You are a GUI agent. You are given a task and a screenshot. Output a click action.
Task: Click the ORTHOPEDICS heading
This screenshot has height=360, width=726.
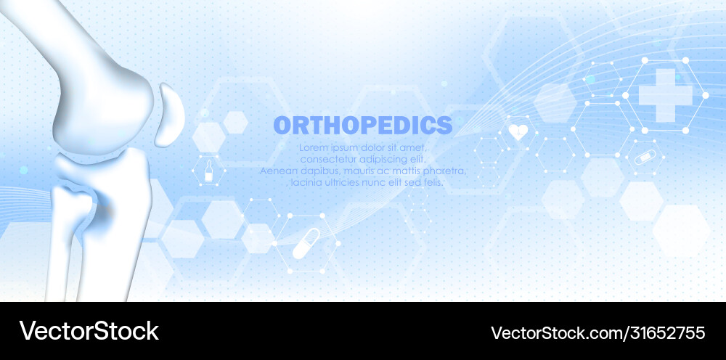point(362,125)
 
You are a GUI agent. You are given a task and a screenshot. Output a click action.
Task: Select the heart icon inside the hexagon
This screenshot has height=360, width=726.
point(518,132)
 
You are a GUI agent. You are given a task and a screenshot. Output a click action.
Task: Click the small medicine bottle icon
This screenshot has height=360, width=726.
point(208,173)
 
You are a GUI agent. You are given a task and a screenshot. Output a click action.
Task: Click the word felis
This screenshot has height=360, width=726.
point(431,182)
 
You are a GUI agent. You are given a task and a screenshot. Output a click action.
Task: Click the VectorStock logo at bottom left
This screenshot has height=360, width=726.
point(89,331)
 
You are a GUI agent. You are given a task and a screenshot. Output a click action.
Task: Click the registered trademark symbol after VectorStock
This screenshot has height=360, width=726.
point(160,322)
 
